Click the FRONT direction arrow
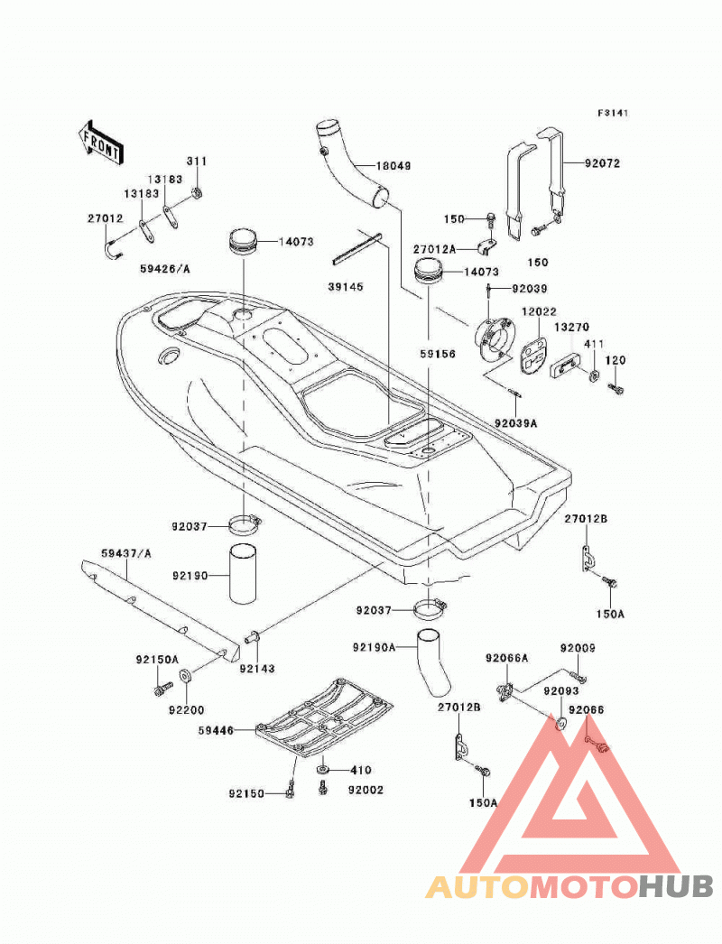[x=100, y=143]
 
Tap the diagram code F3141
[x=613, y=113]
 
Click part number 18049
[x=393, y=165]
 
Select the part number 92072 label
[x=602, y=163]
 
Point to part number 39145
[x=346, y=287]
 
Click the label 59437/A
[x=126, y=552]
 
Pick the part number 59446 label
[x=216, y=731]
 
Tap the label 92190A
[x=374, y=648]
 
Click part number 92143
[x=257, y=668]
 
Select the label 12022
[x=539, y=312]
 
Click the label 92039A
[x=516, y=423]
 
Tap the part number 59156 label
[x=438, y=354]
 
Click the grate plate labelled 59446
[x=324, y=717]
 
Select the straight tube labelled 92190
[x=243, y=574]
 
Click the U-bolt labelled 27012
[x=113, y=250]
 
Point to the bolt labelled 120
[x=616, y=388]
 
